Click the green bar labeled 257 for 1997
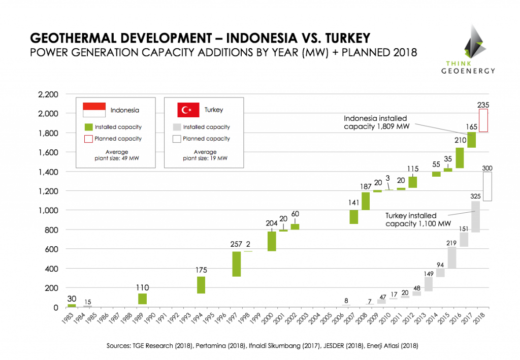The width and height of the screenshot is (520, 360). [237, 264]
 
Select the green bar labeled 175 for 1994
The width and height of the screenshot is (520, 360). [201, 285]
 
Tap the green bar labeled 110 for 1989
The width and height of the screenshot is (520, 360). [142, 299]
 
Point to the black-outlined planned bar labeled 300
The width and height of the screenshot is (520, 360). [487, 186]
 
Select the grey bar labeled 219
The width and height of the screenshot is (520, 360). [452, 257]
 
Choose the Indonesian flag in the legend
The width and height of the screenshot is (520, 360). [94, 109]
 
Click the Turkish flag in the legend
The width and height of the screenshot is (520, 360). [188, 110]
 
